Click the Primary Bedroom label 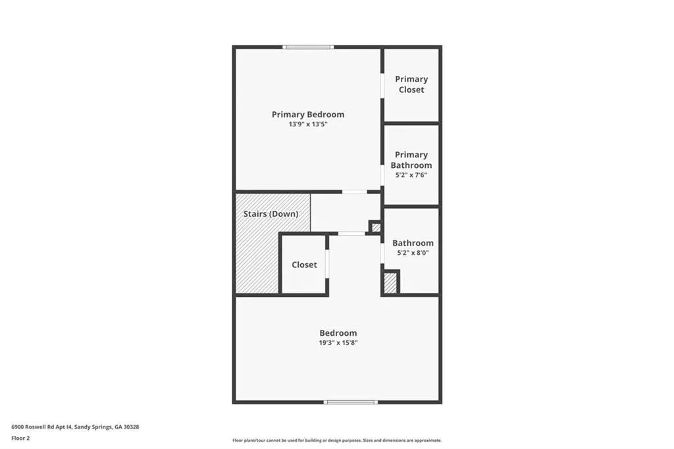tap(307, 115)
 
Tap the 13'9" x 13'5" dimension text tap(307, 124)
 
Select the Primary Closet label tap(411, 84)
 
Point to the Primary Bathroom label tap(411, 160)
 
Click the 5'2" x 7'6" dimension tap(411, 175)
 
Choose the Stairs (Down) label tap(271, 214)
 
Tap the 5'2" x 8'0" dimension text tap(413, 253)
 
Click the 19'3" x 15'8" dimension tap(338, 342)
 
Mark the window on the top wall tap(308, 47)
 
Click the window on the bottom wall tap(351, 402)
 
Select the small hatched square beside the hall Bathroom tap(376, 228)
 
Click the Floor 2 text tap(21, 438)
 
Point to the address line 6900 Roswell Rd tap(75, 427)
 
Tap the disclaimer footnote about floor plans tap(337, 440)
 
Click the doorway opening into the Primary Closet tap(382, 86)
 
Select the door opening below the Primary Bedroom tap(355, 192)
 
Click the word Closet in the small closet tap(304, 265)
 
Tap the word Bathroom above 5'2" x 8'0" tap(413, 243)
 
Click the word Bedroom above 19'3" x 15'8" tap(338, 333)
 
